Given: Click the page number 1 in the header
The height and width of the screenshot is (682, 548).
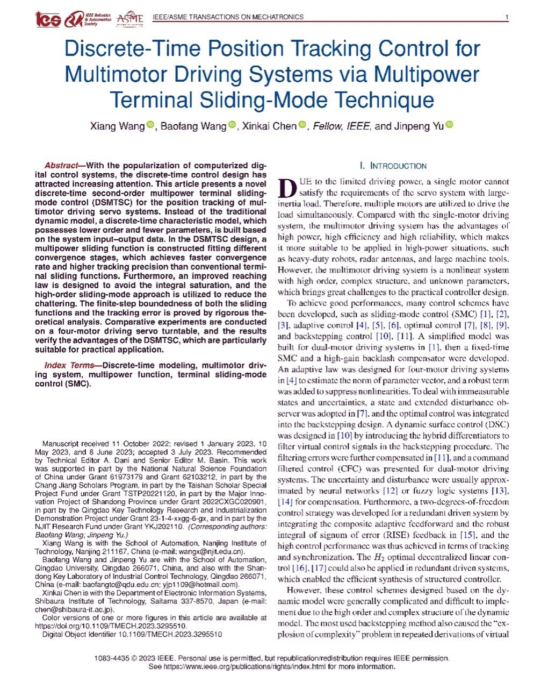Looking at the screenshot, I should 507,17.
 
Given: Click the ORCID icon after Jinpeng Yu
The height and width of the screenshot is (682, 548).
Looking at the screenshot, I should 450,125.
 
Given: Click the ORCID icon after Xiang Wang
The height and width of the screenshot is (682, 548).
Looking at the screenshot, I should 150,125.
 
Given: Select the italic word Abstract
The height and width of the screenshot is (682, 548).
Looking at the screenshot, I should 61,166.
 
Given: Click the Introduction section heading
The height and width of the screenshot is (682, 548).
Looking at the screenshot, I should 393,166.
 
